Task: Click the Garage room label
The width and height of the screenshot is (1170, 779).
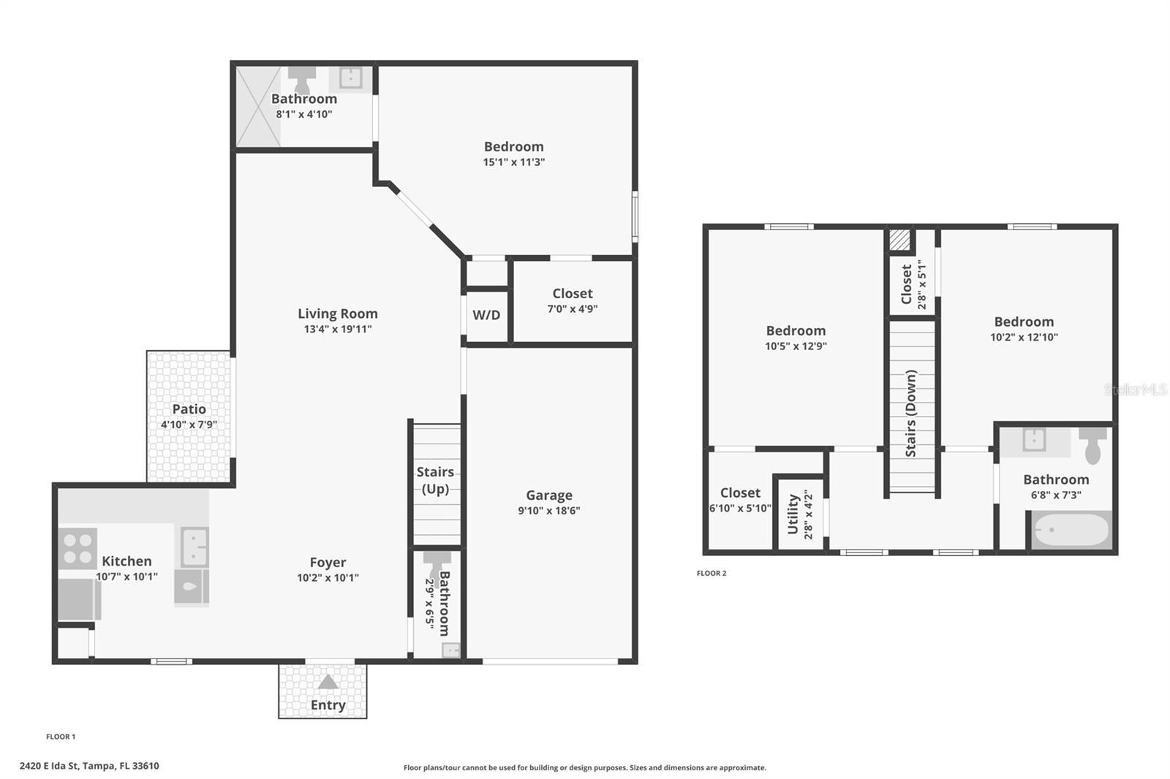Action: (x=549, y=495)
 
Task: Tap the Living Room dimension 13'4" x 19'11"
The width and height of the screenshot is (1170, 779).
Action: (x=338, y=329)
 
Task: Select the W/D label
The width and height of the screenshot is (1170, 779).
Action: (x=486, y=315)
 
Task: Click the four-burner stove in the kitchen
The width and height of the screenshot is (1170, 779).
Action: (x=78, y=548)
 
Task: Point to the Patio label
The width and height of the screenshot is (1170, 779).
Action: (x=189, y=408)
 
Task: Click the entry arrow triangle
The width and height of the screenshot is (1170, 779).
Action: (x=328, y=681)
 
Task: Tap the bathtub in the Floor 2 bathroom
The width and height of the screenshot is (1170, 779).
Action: (x=1071, y=530)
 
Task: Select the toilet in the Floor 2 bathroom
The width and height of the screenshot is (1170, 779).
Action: (x=1092, y=445)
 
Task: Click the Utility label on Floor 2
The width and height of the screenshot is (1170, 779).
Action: (x=793, y=514)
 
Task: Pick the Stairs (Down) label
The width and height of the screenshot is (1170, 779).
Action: (x=911, y=414)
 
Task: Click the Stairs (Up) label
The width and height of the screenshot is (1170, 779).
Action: (x=435, y=480)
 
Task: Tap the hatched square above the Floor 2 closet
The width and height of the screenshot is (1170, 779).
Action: (x=900, y=240)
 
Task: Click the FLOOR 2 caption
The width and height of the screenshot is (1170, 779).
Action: (x=712, y=573)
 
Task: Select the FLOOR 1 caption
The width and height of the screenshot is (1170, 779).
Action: (x=61, y=737)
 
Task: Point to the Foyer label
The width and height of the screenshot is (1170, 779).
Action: (x=328, y=562)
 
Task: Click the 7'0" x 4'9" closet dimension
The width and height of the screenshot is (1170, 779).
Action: (x=573, y=309)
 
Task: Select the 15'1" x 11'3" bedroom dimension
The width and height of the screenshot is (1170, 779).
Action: (x=514, y=162)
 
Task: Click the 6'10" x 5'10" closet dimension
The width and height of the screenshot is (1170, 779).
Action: (x=740, y=509)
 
